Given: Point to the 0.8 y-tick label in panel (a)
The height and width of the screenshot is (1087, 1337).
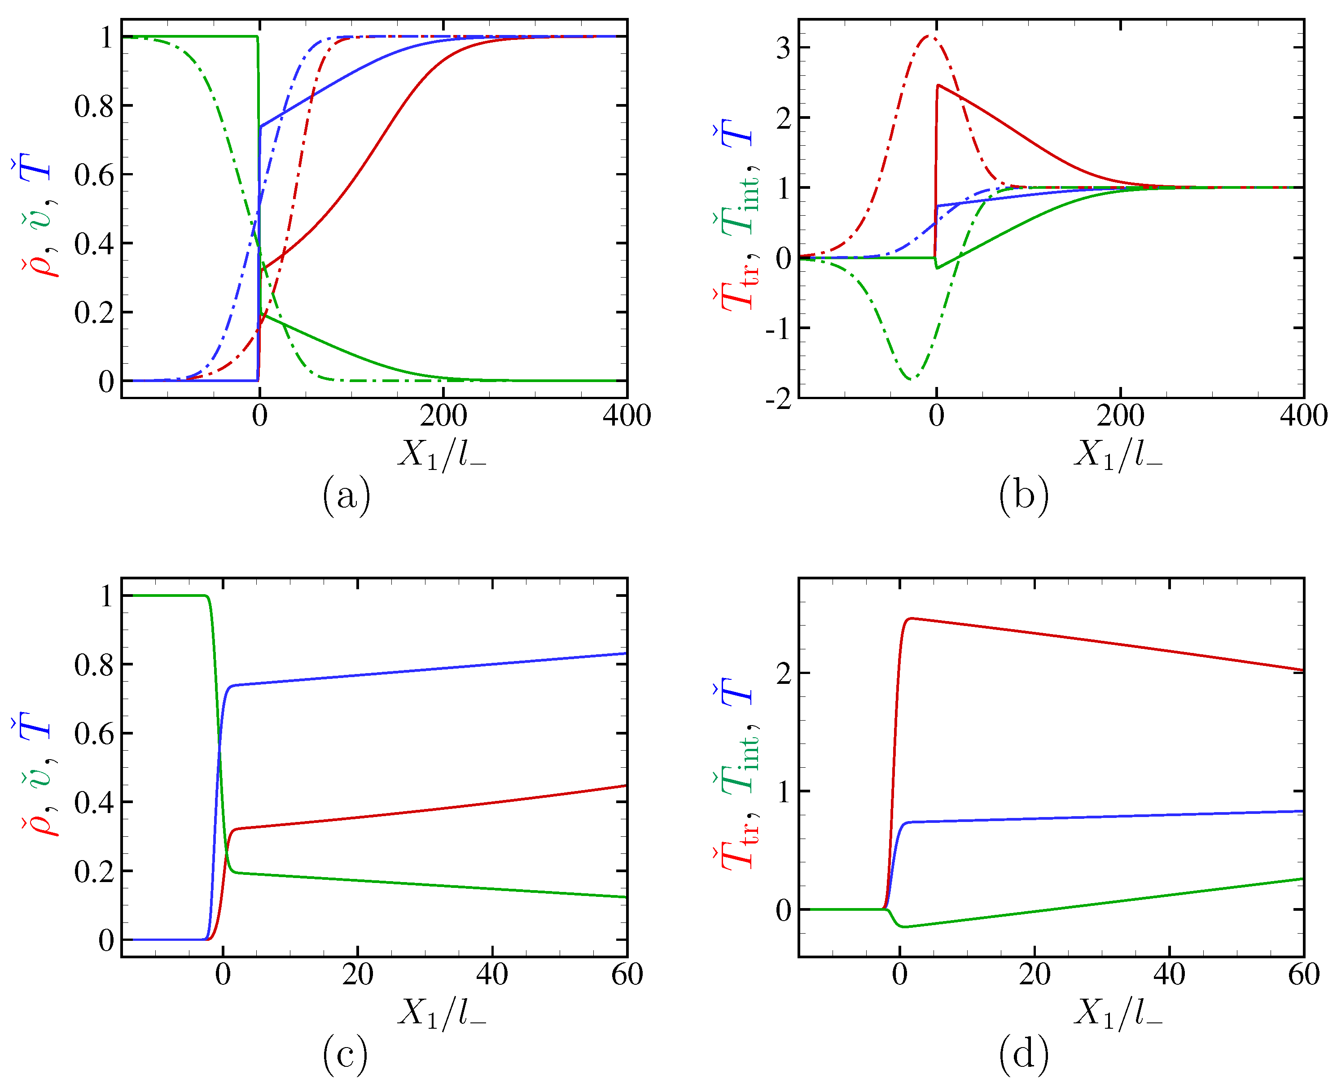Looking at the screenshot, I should (x=94, y=106).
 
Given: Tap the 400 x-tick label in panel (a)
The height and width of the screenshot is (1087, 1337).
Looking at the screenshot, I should (x=627, y=416).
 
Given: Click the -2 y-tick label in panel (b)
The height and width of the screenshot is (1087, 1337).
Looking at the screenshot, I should (x=778, y=399).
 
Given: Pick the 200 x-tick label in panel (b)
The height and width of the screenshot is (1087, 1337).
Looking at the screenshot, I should (x=1120, y=416).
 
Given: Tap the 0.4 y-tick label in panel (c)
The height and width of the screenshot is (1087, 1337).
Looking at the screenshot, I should (x=94, y=803).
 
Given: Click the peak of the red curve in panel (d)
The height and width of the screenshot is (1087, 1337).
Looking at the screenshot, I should (x=912, y=619).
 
